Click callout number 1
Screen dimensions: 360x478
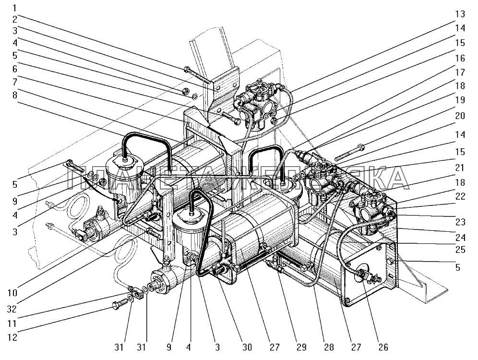click(15, 8)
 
